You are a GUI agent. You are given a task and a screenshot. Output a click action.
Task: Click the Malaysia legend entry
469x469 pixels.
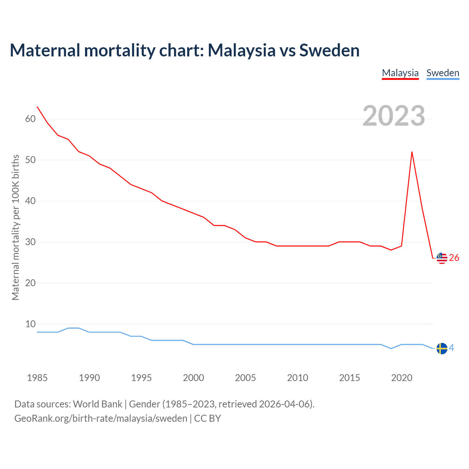pos(400,73)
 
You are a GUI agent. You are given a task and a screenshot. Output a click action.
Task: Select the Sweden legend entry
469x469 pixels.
pos(443,73)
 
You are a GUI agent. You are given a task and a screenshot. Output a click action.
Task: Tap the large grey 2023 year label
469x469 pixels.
pos(394,116)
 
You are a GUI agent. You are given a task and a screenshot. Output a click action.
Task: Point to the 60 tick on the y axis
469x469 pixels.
pos(30,119)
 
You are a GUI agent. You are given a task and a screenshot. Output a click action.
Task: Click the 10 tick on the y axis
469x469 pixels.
pos(30,324)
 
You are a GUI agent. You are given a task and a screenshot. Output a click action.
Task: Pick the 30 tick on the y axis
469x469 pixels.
pos(30,242)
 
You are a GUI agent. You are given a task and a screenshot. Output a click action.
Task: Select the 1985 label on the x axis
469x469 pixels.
pos(37,378)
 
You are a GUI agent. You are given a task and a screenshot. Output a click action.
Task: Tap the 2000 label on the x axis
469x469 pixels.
pos(193,378)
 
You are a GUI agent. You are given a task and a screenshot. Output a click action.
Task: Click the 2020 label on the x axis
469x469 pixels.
pos(402,378)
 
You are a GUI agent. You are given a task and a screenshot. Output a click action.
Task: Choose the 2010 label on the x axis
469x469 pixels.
pos(298,378)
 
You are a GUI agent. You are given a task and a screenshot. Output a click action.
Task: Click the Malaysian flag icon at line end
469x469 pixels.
pos(442,258)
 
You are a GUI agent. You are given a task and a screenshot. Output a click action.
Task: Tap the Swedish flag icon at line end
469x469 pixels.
pos(442,348)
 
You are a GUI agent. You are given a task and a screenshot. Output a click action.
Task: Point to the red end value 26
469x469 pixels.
pos(454,258)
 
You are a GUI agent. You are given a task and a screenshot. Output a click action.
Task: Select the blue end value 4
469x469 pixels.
pos(452,348)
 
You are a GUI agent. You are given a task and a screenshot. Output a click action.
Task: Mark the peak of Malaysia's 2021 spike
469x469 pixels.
pos(412,152)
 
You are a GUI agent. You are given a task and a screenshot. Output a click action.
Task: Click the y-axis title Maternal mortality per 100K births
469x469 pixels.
pos(15,227)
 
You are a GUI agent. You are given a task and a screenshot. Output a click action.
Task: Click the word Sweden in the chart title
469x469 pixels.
pos(329,50)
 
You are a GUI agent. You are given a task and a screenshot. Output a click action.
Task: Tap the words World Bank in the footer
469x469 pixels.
pos(97,404)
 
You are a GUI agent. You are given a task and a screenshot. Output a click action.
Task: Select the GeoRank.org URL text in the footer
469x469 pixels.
pos(101,418)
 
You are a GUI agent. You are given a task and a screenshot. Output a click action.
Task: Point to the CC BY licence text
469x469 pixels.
pos(207,418)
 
